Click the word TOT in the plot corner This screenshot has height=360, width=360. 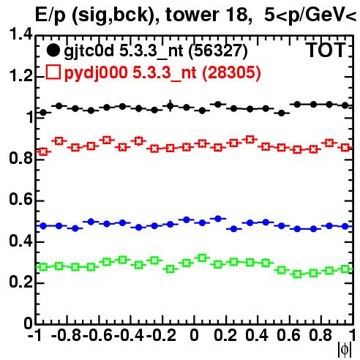pyautogui.click(x=326, y=50)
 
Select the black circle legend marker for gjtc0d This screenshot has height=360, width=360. pyautogui.click(x=53, y=50)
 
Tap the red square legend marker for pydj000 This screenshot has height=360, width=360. pyautogui.click(x=53, y=72)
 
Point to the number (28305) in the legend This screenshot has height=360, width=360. pyautogui.click(x=231, y=72)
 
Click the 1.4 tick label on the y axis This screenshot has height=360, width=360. pyautogui.click(x=20, y=34)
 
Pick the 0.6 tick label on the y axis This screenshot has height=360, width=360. pyautogui.click(x=20, y=199)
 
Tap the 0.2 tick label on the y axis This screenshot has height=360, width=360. pyautogui.click(x=20, y=282)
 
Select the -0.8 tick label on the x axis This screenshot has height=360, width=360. pyautogui.click(x=66, y=335)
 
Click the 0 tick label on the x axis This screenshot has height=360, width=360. pyautogui.click(x=194, y=335)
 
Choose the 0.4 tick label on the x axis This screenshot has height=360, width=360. pyautogui.click(x=257, y=335)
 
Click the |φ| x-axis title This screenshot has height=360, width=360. pyautogui.click(x=345, y=350)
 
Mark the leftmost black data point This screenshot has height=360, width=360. pyautogui.click(x=43, y=113)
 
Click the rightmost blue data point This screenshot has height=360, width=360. pyautogui.click(x=345, y=227)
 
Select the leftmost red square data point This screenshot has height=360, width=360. pyautogui.click(x=43, y=151)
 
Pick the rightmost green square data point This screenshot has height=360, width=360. pyautogui.click(x=345, y=269)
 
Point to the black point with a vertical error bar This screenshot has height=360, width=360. pyautogui.click(x=170, y=106)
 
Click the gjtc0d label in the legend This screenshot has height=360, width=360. pyautogui.click(x=89, y=51)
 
